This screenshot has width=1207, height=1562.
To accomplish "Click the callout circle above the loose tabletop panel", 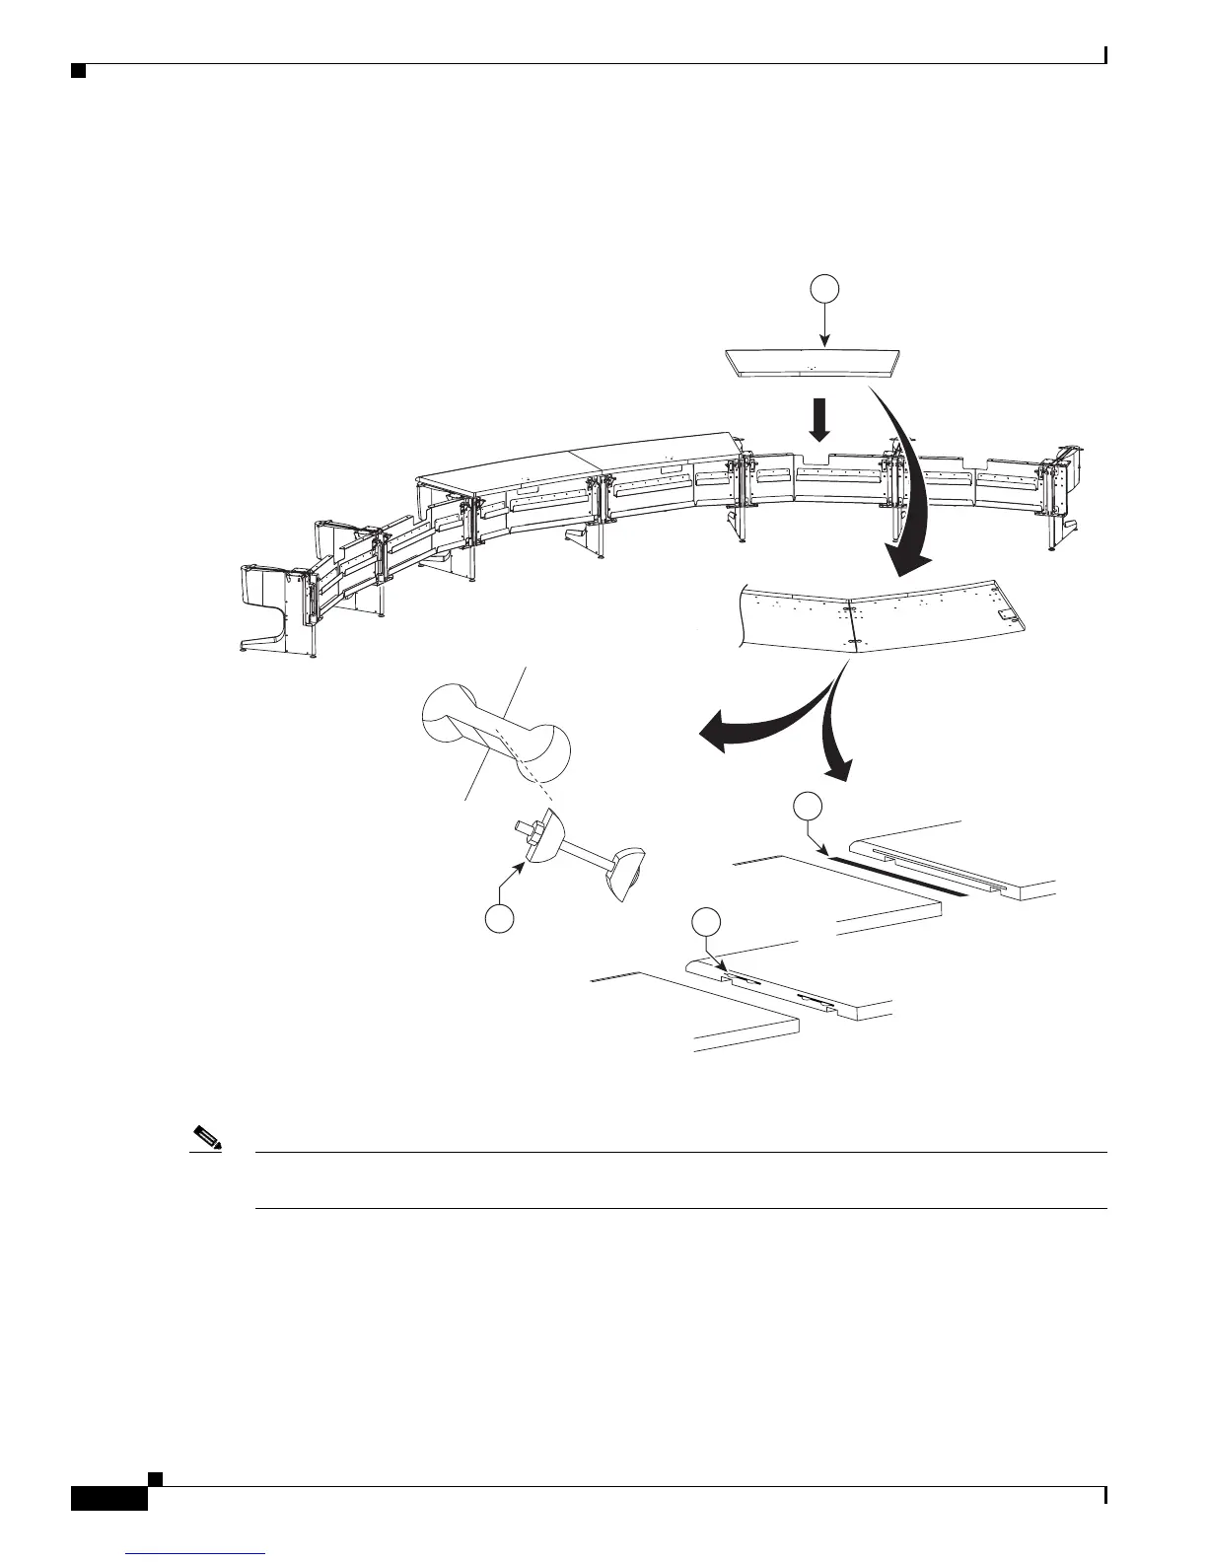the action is (x=825, y=288).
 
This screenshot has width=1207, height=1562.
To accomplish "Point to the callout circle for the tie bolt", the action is (x=500, y=919).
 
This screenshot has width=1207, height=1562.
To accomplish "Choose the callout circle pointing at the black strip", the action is (x=807, y=806).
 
